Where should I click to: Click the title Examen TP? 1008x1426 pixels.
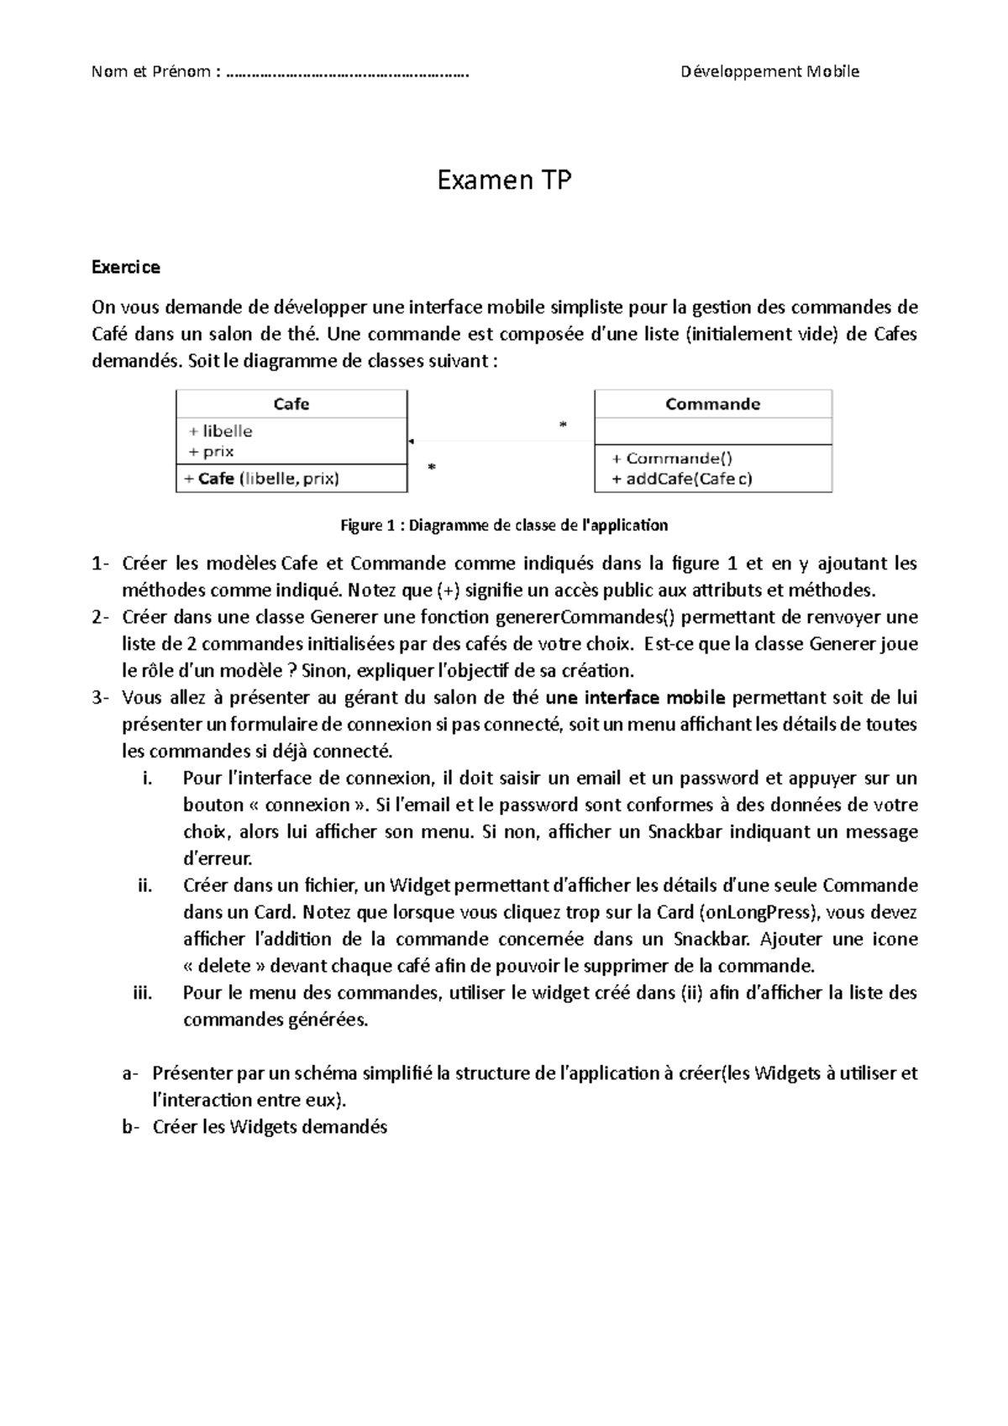click(504, 180)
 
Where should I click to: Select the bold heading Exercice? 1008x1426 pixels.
click(125, 267)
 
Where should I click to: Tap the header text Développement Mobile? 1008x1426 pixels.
click(769, 71)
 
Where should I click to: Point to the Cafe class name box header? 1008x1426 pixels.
click(291, 404)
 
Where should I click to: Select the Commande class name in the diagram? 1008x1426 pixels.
click(712, 404)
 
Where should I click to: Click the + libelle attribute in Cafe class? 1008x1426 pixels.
click(220, 431)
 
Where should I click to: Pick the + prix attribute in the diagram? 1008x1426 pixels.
click(211, 451)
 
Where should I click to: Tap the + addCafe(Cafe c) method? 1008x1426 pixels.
click(681, 479)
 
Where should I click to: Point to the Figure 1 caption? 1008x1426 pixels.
click(503, 526)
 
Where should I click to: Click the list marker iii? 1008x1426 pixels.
click(142, 993)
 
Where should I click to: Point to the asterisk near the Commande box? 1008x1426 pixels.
click(563, 425)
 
